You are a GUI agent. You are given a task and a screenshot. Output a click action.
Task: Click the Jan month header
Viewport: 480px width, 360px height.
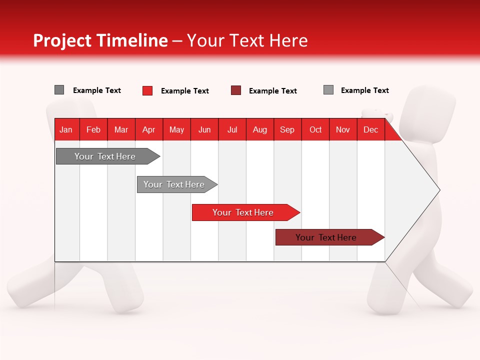pos(66,129)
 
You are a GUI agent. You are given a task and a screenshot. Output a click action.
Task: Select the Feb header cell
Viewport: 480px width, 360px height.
pos(93,129)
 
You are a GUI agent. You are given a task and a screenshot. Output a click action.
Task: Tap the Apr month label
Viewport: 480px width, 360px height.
pos(149,129)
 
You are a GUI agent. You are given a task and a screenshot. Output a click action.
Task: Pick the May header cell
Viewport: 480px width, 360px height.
pos(176,129)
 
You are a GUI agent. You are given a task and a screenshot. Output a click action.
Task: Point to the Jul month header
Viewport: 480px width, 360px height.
pos(232,129)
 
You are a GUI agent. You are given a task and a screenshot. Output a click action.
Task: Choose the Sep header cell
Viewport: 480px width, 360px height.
pos(287,129)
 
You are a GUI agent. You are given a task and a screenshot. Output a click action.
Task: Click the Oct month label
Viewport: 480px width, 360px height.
pos(315,129)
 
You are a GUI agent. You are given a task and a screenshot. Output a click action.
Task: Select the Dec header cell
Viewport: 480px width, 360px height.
pos(370,129)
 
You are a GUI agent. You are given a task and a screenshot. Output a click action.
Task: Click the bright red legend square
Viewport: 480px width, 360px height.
pos(147,90)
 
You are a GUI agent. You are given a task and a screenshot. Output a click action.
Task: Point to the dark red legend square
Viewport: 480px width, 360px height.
pos(236,90)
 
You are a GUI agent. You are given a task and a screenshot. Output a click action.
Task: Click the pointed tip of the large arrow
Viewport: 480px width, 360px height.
pos(438,190)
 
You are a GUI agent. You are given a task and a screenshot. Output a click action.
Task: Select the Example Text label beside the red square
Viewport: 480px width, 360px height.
pos(184,91)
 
